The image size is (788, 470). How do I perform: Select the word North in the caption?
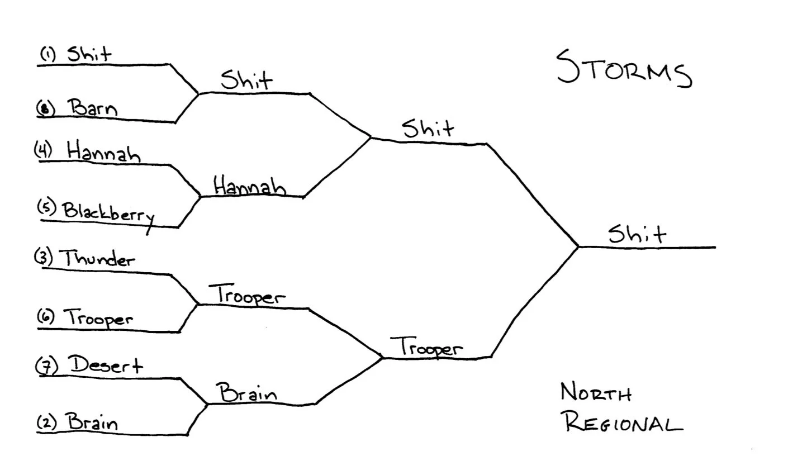pos(596,393)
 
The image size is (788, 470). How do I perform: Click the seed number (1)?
pos(48,54)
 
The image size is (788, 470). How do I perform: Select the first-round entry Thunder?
pos(97,259)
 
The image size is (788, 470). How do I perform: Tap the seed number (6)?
pos(46,316)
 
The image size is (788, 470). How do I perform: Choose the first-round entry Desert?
pos(106,365)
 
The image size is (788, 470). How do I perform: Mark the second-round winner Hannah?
pos(249,186)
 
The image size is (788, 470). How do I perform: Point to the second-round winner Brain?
pos(248,393)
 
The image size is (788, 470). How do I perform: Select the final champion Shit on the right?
pos(637,234)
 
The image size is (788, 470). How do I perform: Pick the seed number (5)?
pos(47,207)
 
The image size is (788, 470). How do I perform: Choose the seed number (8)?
pos(45,108)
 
